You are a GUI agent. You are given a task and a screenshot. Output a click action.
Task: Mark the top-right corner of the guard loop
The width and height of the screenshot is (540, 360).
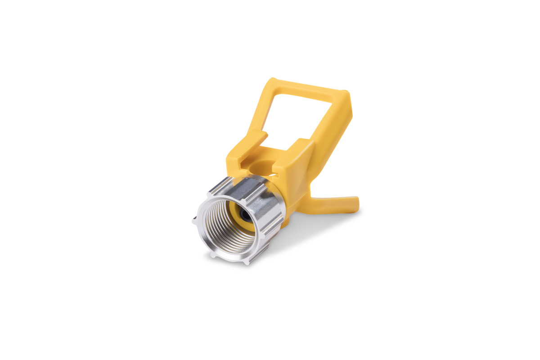point(346,94)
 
